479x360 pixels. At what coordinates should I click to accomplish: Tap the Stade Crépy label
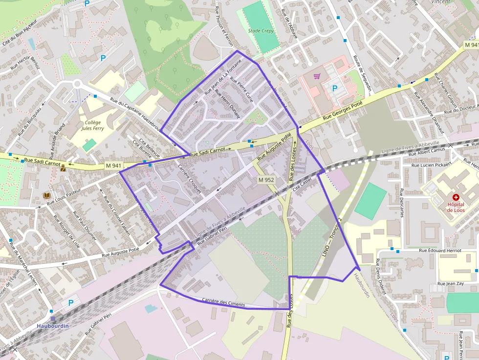261,31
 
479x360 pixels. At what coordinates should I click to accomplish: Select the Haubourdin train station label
53,325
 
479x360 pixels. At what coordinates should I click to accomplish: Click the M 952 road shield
266,180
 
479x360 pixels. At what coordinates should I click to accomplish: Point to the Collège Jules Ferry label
92,126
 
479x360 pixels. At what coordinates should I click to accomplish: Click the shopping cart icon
317,76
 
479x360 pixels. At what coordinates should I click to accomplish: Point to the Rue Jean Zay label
450,283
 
